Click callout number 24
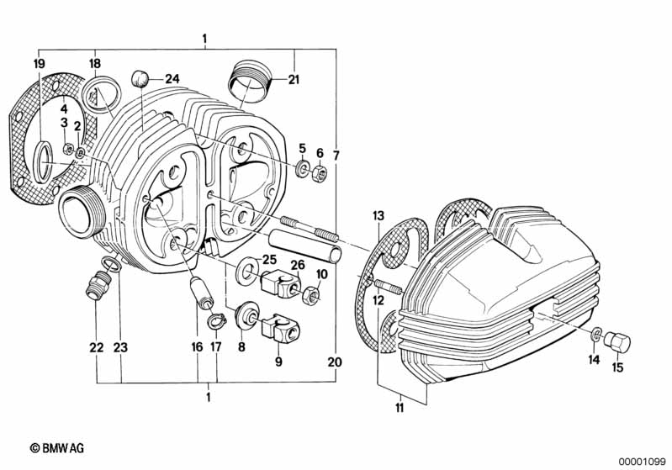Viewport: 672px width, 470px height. pos(172,79)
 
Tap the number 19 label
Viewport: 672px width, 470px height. pos(39,64)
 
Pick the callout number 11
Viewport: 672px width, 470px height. pos(399,408)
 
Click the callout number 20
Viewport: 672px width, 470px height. pos(335,362)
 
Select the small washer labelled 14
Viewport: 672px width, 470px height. pos(597,334)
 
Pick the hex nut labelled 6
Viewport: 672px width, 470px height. pos(320,175)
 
